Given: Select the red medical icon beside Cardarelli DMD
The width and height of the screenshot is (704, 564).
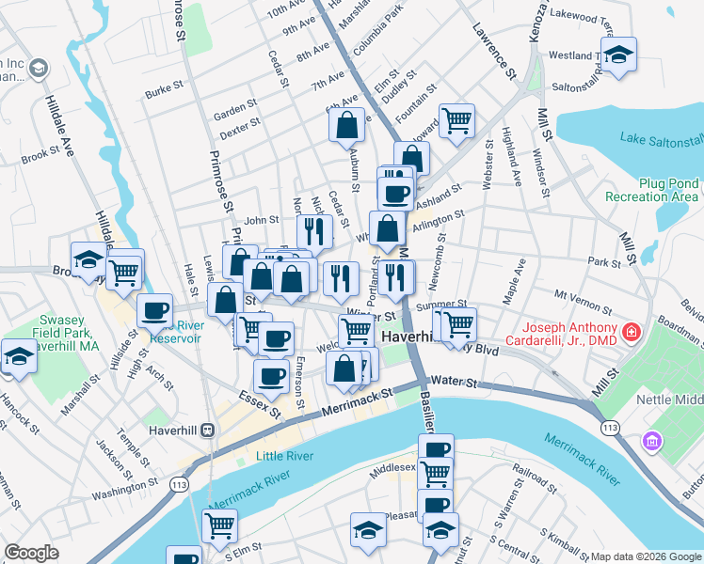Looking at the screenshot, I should [x=629, y=332].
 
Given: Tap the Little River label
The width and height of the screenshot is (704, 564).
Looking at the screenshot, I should [x=282, y=457].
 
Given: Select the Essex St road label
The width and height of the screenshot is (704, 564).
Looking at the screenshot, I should [x=260, y=405].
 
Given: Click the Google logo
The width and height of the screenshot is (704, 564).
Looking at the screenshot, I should [x=31, y=553].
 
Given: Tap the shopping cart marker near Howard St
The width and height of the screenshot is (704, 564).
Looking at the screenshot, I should [x=456, y=119].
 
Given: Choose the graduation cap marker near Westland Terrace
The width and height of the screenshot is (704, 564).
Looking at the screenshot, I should [x=618, y=54].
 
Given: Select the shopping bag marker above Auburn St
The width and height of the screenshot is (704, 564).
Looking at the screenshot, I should [x=346, y=124].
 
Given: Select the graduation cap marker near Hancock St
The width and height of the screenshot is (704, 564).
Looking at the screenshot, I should [x=19, y=355].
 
